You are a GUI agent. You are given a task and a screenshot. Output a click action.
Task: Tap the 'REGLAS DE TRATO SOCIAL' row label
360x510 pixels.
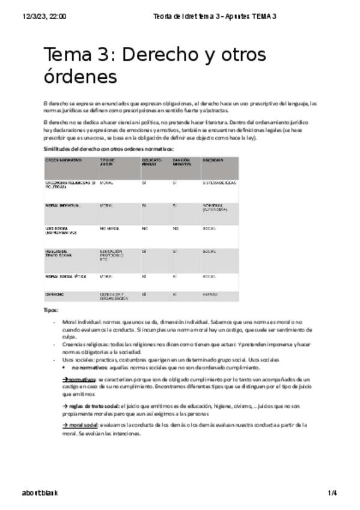click(59, 253)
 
